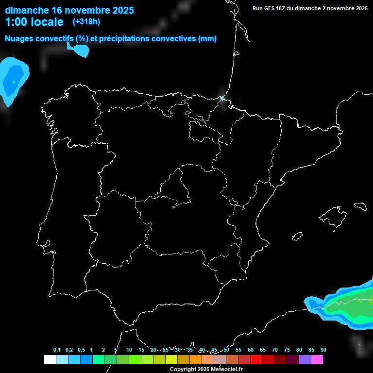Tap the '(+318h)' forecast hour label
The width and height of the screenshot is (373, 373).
(86, 22)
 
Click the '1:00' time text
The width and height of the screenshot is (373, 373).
(16, 22)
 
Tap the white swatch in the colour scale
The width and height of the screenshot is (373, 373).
(50, 360)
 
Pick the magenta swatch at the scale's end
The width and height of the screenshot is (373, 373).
(317, 360)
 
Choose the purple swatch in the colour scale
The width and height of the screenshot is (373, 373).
(305, 360)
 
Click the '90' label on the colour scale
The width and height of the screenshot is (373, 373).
(323, 350)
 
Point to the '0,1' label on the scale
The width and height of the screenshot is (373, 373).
(57, 350)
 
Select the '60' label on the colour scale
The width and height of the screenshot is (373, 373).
(250, 350)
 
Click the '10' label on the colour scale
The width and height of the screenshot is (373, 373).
(129, 350)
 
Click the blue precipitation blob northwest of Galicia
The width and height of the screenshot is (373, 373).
(12, 80)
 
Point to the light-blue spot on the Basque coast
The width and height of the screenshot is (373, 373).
(222, 99)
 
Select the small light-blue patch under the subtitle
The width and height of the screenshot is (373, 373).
(80, 50)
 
